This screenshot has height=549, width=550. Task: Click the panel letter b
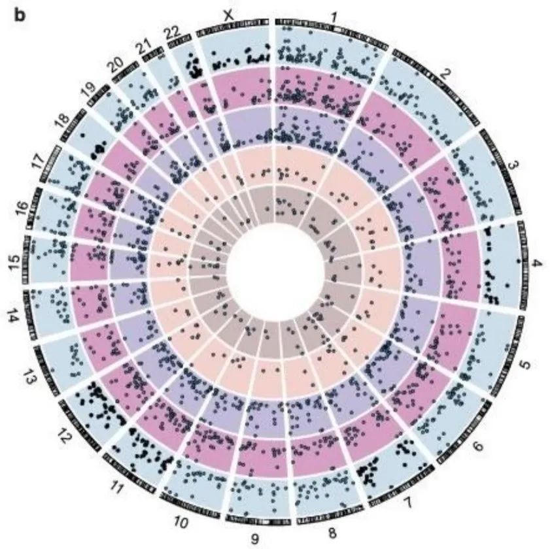[20, 15]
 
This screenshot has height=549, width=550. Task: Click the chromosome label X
[229, 15]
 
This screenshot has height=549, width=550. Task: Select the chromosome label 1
[334, 16]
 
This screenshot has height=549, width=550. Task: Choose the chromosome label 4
[536, 263]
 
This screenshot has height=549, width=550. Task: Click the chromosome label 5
[525, 365]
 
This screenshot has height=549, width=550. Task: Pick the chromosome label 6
[478, 446]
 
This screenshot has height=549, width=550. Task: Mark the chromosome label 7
[407, 503]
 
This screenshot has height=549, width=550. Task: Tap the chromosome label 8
[332, 533]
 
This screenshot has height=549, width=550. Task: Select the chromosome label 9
[255, 538]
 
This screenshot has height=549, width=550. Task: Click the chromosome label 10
[181, 522]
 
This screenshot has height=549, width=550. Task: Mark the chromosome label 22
[173, 33]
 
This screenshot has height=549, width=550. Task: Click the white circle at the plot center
[275, 271]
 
